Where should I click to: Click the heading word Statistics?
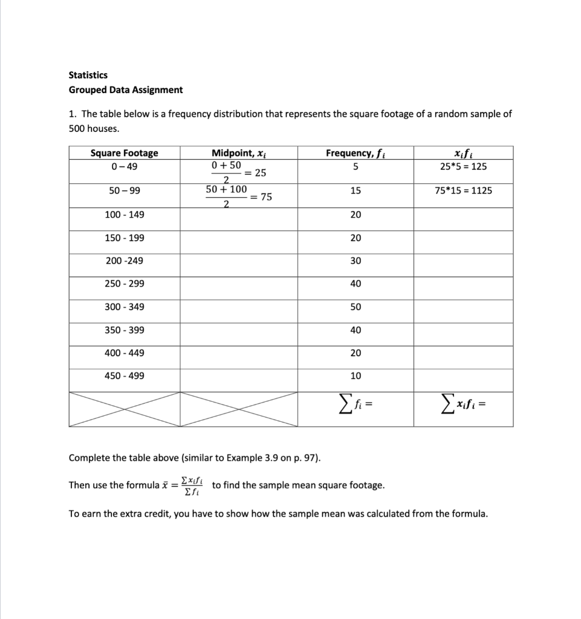pos(88,75)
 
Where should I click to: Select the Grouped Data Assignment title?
pos(126,90)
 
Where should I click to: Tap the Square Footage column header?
pos(124,153)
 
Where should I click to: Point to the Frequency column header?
pos(355,153)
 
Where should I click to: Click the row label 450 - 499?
pos(124,376)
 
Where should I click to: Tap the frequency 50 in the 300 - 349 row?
pos(355,307)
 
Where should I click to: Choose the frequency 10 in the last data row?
pos(355,376)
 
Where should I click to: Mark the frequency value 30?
pos(355,261)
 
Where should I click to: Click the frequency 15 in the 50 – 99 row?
pos(355,191)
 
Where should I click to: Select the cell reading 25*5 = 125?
pos(463,167)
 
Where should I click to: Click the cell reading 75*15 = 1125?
pos(463,191)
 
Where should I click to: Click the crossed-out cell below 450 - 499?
pos(124,409)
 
